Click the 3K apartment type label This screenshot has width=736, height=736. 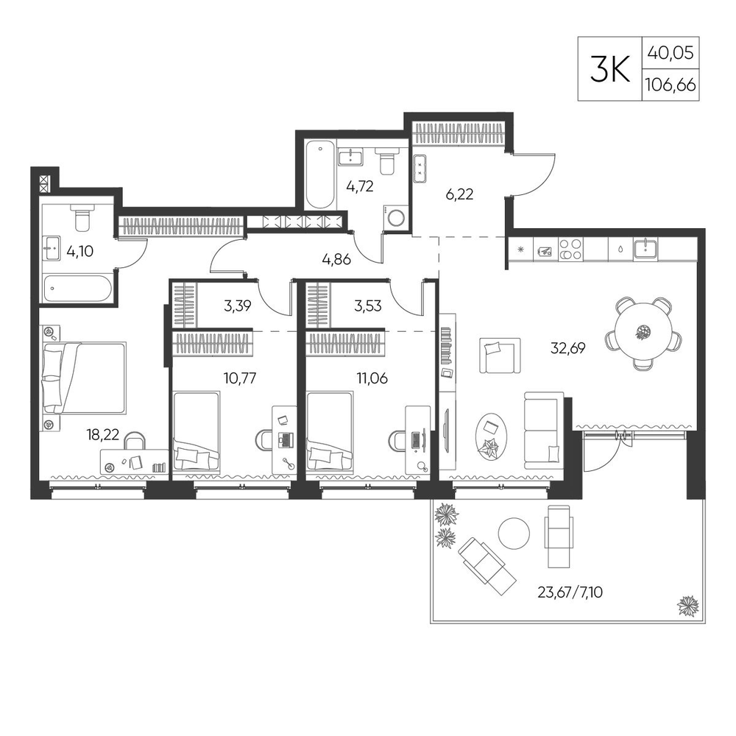(x=609, y=68)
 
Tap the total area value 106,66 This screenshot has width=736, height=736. (x=670, y=85)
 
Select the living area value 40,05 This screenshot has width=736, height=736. (x=670, y=52)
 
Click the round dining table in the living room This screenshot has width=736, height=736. (x=643, y=333)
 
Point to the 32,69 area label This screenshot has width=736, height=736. (x=568, y=348)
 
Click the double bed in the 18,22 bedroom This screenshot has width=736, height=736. (x=85, y=378)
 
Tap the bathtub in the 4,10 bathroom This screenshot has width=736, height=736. (x=77, y=289)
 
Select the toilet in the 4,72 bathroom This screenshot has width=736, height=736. (x=387, y=161)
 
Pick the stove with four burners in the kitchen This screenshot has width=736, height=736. (x=570, y=250)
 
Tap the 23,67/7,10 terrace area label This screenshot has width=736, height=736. (x=570, y=592)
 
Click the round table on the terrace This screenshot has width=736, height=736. (x=514, y=533)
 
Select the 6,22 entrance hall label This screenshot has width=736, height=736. (x=459, y=194)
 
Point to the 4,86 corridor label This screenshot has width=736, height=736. (x=336, y=259)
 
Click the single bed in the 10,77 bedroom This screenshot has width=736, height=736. (x=197, y=431)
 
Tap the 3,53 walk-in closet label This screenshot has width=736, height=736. (x=367, y=306)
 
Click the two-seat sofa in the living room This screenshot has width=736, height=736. (x=544, y=431)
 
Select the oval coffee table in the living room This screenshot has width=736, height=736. (x=491, y=436)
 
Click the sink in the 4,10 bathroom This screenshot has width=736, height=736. (x=52, y=248)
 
